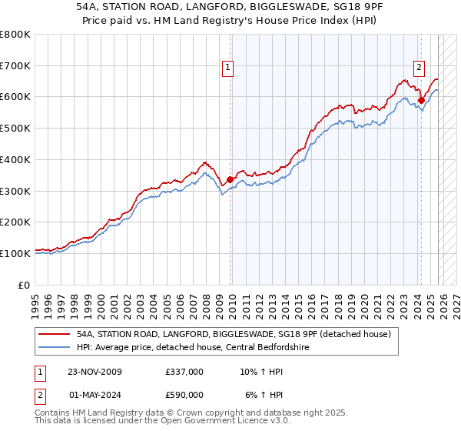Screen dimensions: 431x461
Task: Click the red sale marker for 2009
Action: (x=230, y=179)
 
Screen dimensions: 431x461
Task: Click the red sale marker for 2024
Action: (x=421, y=100)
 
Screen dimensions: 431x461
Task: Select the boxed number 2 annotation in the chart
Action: (x=419, y=67)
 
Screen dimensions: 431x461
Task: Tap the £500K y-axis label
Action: (x=15, y=128)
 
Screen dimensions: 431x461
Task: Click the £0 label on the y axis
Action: (x=25, y=284)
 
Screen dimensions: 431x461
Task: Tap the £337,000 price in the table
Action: (x=184, y=371)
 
